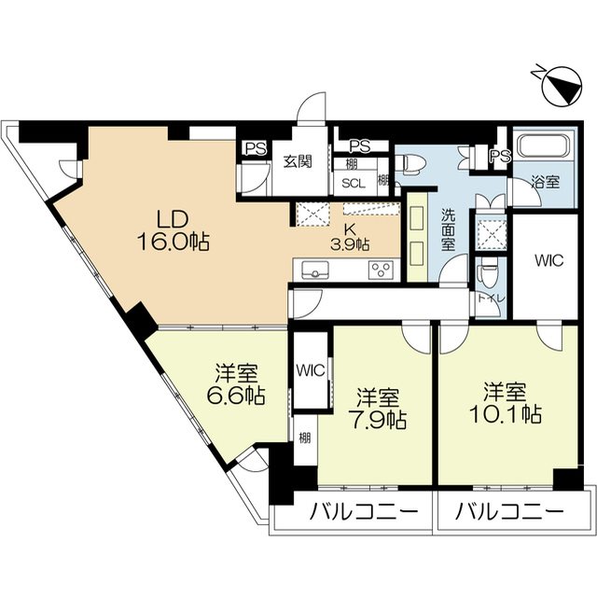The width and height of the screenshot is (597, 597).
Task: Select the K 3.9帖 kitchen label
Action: tap(350, 236)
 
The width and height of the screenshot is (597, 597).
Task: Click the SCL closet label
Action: tap(353, 184)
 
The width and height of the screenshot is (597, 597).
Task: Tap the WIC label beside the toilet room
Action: tap(548, 262)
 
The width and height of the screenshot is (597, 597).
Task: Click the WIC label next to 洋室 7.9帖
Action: tap(310, 369)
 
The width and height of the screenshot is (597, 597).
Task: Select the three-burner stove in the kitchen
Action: tap(380, 271)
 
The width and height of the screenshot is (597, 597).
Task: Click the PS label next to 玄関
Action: tap(253, 146)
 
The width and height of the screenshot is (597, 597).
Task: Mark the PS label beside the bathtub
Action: tap(500, 156)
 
